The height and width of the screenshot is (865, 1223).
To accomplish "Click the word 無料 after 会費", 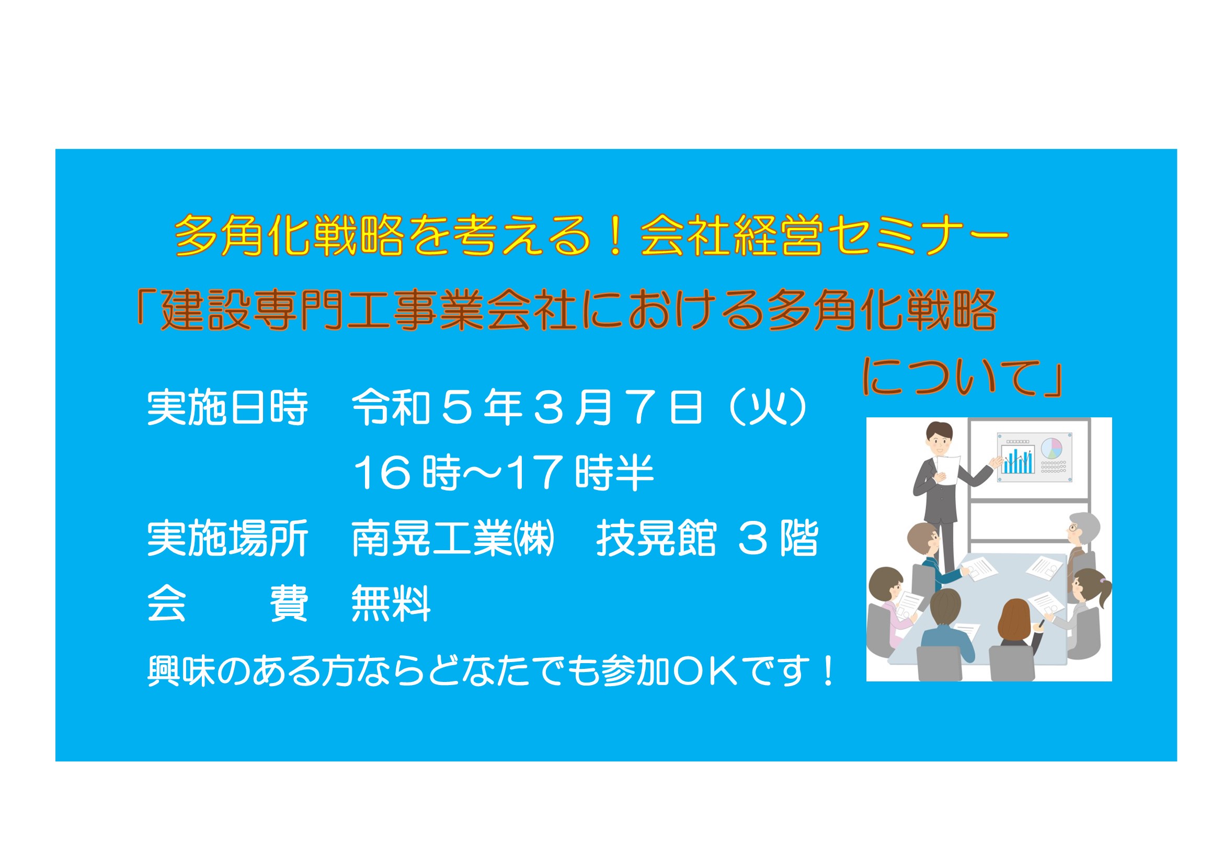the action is (x=391, y=604).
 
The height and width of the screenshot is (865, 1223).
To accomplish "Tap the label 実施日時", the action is (x=227, y=407).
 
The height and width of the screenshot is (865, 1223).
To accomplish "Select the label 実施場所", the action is (x=227, y=539).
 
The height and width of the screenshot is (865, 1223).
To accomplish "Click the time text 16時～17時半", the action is (x=504, y=473).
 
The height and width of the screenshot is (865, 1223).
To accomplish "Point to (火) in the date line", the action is (x=767, y=407).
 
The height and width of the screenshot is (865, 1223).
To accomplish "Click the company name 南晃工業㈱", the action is (x=453, y=539).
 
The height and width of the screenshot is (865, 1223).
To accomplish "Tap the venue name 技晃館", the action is (x=656, y=539).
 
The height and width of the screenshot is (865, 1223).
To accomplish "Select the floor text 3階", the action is (x=778, y=539).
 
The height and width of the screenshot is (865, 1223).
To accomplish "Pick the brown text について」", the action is (x=962, y=377).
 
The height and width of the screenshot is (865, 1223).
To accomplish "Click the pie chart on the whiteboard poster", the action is (x=1051, y=448).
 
